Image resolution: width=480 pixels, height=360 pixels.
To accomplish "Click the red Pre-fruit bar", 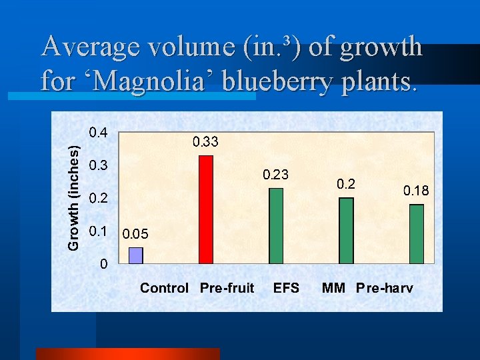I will pyautogui.click(x=206, y=210).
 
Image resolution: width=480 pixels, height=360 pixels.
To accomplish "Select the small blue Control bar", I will pyautogui.click(x=136, y=256).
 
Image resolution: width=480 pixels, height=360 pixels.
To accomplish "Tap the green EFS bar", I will pyautogui.click(x=276, y=226).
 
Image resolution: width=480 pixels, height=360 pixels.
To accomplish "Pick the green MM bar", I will pyautogui.click(x=346, y=231).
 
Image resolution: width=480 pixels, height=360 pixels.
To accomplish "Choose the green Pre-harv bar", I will pyautogui.click(x=417, y=234).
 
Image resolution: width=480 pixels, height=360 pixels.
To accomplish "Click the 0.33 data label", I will pyautogui.click(x=205, y=141).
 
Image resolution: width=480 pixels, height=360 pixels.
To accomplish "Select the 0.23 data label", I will pyautogui.click(x=275, y=175).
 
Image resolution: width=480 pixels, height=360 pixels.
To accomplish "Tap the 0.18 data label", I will pyautogui.click(x=416, y=191).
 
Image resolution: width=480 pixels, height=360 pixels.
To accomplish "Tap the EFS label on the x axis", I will pyautogui.click(x=287, y=288).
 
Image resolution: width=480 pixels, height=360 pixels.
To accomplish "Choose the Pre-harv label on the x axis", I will pyautogui.click(x=385, y=288).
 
